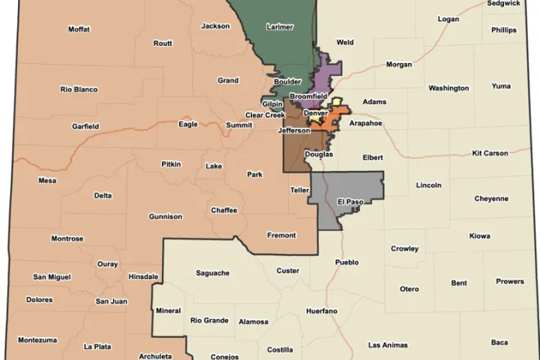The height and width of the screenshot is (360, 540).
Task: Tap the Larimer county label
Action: [280, 27]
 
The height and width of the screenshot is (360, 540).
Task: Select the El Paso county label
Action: [349, 201]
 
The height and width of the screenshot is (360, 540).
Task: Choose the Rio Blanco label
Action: [79, 89]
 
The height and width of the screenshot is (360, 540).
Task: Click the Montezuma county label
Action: [38, 340]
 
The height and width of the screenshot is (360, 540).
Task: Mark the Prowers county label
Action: [510, 281]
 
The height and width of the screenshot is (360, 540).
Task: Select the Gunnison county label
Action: [164, 217]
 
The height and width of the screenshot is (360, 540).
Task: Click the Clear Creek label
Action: [264, 115]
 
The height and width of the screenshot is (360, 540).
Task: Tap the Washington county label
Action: [448, 88]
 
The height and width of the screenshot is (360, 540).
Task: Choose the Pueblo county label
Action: [347, 263]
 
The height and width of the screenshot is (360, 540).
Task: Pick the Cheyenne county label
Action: [491, 198]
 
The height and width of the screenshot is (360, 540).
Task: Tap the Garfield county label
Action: [85, 127]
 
